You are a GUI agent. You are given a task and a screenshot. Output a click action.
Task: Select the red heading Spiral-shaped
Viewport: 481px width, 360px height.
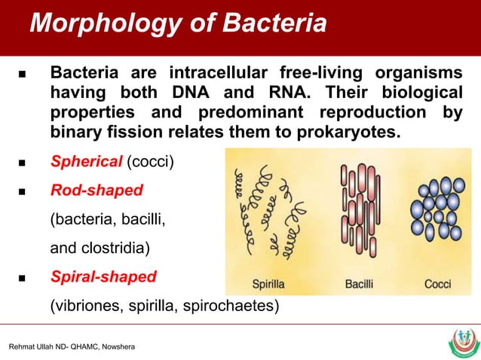(x=103, y=276)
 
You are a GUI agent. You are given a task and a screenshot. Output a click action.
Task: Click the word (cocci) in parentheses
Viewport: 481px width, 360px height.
(x=149, y=161)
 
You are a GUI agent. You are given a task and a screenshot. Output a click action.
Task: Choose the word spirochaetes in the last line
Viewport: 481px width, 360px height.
(x=236, y=306)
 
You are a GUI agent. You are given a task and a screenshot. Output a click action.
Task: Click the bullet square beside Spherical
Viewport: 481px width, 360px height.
(x=20, y=162)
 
